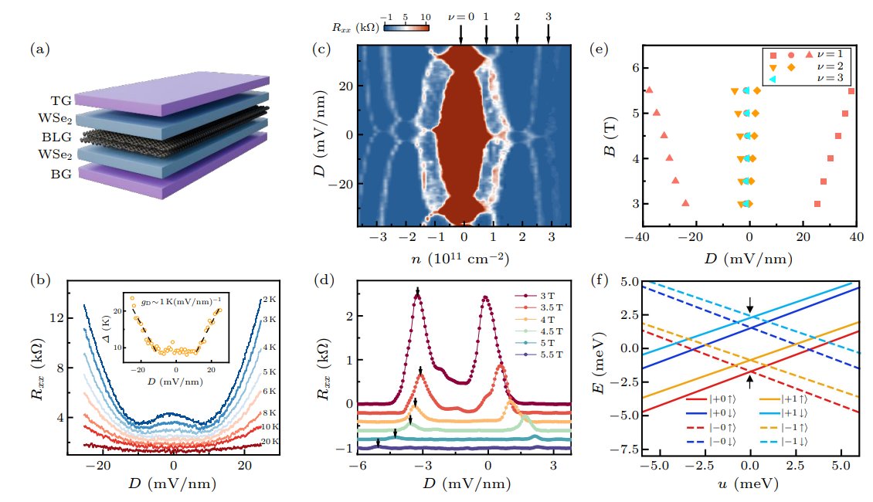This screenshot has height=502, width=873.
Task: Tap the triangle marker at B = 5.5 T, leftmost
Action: pyautogui.click(x=649, y=90)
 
